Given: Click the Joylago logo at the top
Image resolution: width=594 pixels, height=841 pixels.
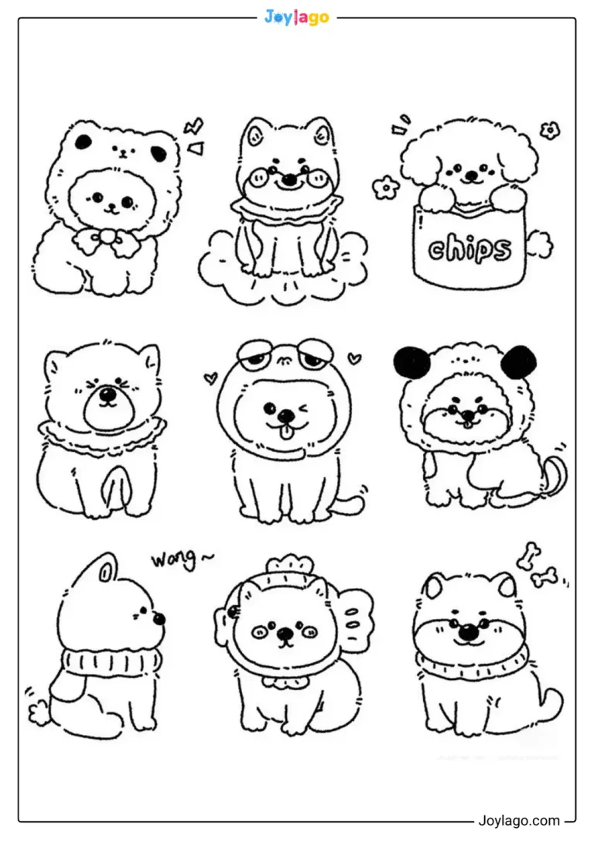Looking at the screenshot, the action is [296, 17].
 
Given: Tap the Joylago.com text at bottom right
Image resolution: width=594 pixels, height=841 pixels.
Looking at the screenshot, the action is [519, 821].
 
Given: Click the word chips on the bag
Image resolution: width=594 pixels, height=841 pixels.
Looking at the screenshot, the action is [469, 249].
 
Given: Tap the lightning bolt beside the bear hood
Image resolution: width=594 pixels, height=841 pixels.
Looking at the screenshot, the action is [193, 127].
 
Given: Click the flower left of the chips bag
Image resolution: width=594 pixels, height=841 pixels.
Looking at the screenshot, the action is [385, 186].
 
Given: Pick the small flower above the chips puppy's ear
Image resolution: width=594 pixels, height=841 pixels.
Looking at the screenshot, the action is [549, 130].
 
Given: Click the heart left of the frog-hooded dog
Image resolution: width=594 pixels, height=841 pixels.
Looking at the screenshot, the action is [210, 378].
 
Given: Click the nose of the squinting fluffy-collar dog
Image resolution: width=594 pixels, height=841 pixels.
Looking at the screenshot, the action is [108, 397].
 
